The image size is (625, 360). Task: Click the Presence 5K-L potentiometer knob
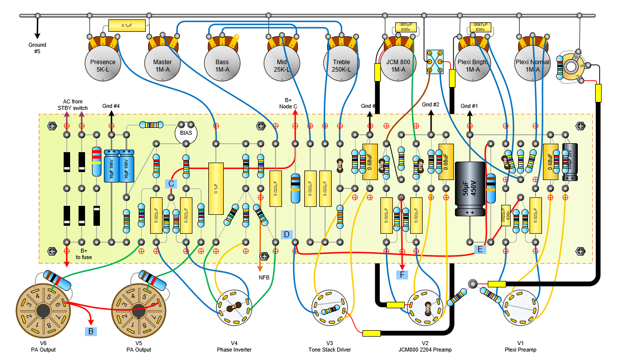pos(102,62)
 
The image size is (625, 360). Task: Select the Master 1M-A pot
pos(162,62)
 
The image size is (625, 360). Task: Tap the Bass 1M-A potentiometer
pos(222,62)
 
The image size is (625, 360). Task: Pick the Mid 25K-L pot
pos(281,62)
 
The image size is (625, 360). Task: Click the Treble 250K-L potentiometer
pos(341,62)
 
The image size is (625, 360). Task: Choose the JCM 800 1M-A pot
pos(401,62)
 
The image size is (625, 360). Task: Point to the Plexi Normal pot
pos(533,62)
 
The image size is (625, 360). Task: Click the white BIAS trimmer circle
pos(186,133)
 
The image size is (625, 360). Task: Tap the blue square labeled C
pos(171,183)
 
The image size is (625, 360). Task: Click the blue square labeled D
pos(287,234)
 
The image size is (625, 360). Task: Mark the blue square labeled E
pos(480,249)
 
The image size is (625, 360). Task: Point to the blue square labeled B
pos(91,330)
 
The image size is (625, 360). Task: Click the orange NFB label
pos(264,277)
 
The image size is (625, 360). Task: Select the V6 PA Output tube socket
pos(43,311)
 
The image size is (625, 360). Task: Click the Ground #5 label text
pos(37,48)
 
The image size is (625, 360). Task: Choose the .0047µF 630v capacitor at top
pos(479,27)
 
